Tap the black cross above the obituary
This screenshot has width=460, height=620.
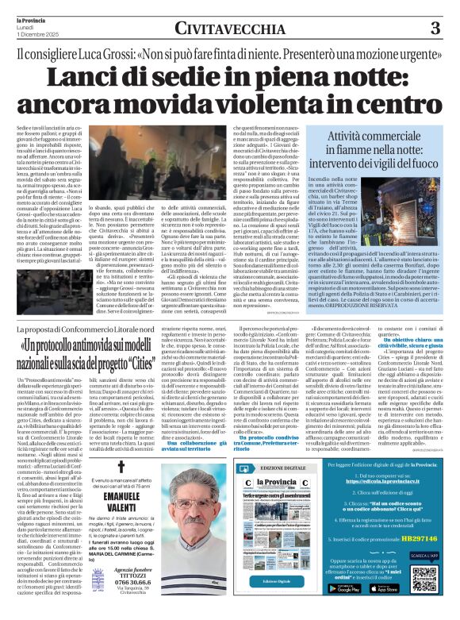(121, 467)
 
